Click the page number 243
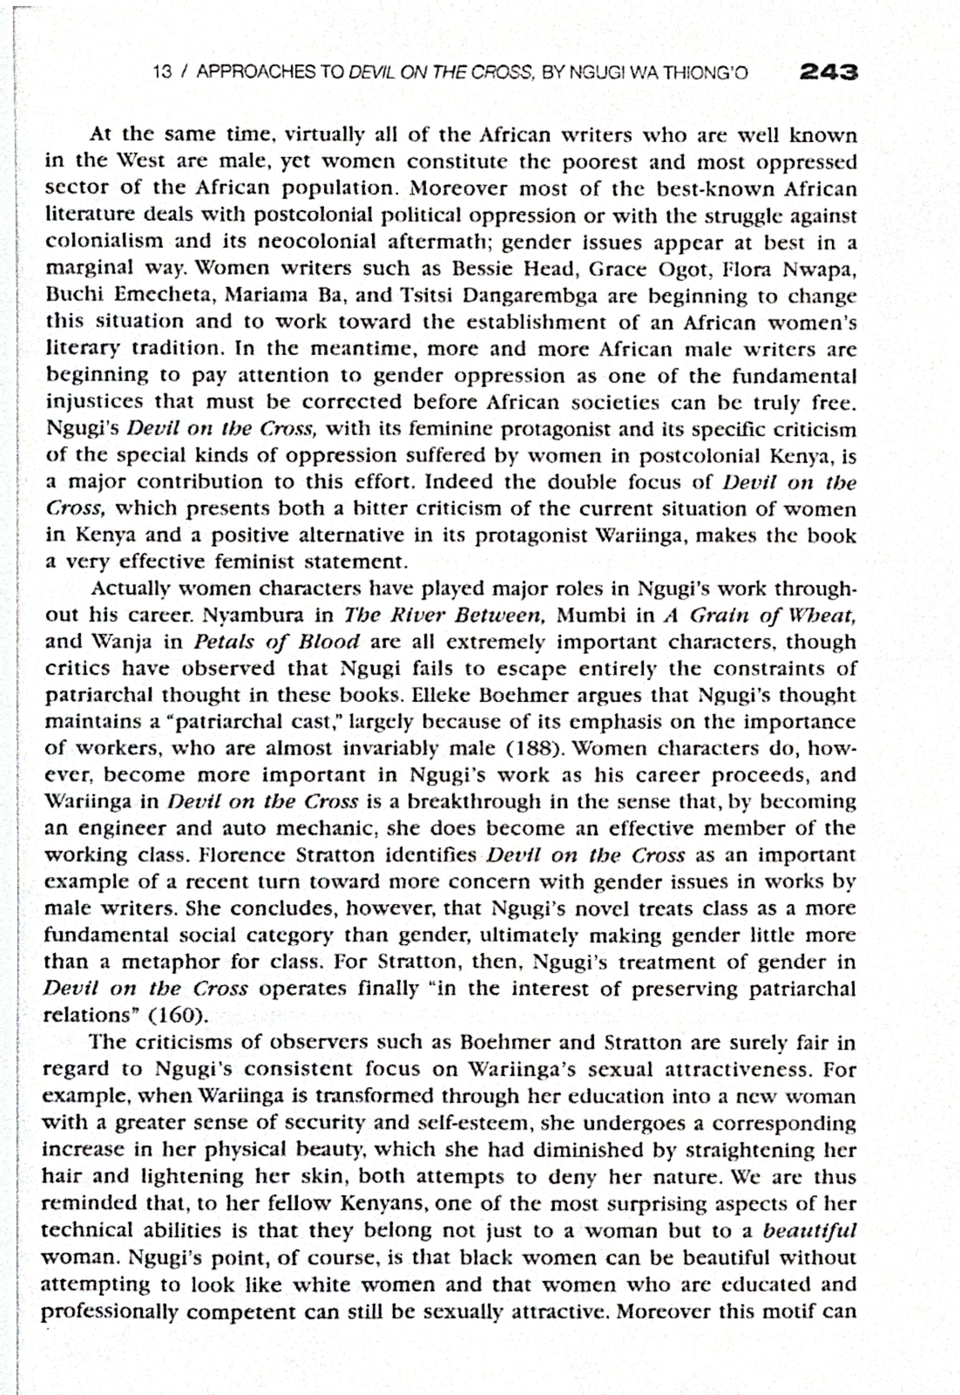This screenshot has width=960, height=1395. pyautogui.click(x=827, y=73)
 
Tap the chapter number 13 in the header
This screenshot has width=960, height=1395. pyautogui.click(x=163, y=73)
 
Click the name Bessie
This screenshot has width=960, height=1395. pyautogui.click(x=485, y=269)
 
